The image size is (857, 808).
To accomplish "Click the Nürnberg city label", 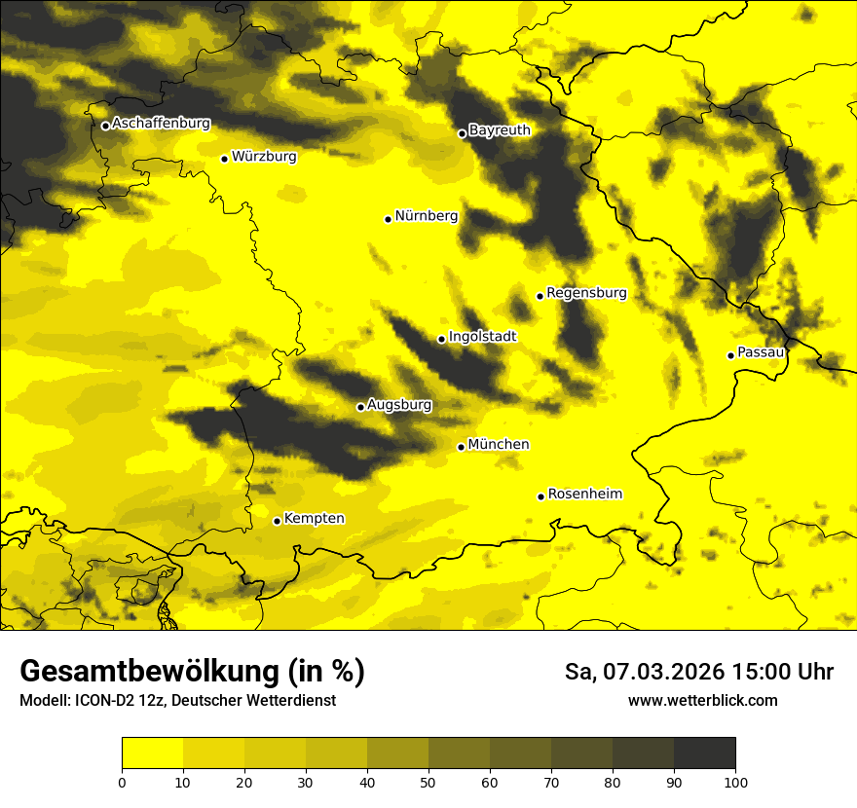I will pos(427,216).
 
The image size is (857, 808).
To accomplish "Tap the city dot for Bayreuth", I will pos(463,133).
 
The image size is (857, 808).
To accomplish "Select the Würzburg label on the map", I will pos(264,156).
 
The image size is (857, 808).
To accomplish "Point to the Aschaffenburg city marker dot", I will pos(105,126).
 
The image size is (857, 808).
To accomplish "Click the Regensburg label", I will pos(586,292).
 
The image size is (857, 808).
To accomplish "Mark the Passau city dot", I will pos(730,355).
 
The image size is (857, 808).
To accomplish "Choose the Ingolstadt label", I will pos(483,337).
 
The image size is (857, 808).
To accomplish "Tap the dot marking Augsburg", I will pos(360,407).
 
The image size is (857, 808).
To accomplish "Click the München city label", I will pos(499,444).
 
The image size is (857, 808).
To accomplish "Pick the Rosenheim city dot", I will pos(540,496).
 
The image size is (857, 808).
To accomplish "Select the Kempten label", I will pos(314,518).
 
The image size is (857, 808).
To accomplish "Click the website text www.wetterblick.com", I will pos(702,700).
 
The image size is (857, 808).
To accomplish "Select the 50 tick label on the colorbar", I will pos(428,781).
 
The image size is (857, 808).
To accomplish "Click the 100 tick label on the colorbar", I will pos(735,781).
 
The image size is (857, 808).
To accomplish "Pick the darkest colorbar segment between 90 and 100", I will pos(704,753).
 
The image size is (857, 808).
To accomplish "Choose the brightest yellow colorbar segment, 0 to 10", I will pos(152,753).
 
